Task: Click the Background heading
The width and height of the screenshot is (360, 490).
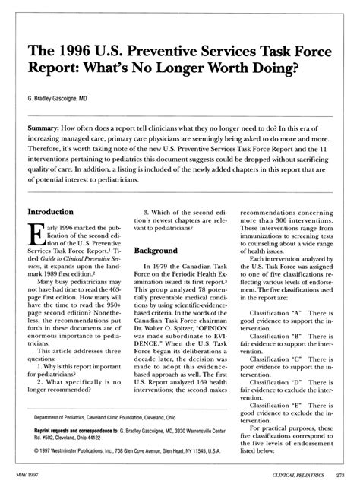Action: pyautogui.click(x=156, y=250)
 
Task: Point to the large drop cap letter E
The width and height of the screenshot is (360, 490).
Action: pyautogui.click(x=38, y=238)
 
